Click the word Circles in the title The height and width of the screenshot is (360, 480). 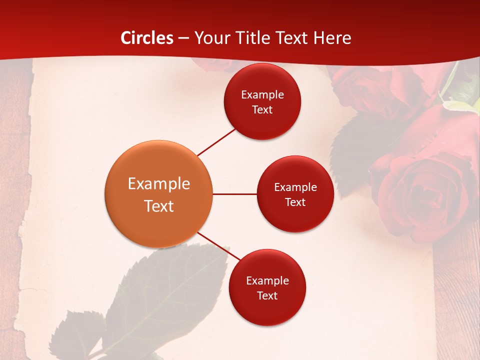click(147, 38)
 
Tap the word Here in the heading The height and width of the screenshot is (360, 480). click(332, 38)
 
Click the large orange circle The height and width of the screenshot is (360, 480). click(158, 194)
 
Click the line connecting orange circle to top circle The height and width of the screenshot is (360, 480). click(216, 142)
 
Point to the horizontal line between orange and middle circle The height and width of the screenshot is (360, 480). click(234, 194)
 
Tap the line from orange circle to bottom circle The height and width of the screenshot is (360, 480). click(219, 246)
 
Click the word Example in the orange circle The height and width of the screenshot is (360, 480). click(159, 184)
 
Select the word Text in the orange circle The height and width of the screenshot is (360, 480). click(159, 206)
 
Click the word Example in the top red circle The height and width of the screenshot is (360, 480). click(262, 95)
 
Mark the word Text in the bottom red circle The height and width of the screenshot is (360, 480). click(267, 295)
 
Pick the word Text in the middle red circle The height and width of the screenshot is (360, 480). click(295, 202)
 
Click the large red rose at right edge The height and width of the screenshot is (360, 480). click(425, 195)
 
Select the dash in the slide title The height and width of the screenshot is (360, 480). click(183, 38)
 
